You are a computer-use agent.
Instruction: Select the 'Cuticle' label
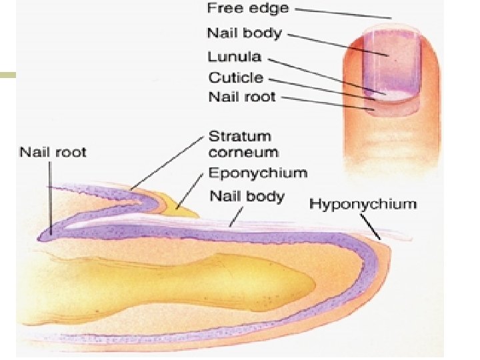pyautogui.click(x=235, y=77)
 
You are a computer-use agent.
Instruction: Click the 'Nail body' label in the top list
pyautogui.click(x=244, y=32)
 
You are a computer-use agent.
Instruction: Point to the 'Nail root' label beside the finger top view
pyautogui.click(x=242, y=97)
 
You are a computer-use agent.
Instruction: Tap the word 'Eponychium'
pyautogui.click(x=258, y=173)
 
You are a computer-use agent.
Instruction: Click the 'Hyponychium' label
pyautogui.click(x=363, y=204)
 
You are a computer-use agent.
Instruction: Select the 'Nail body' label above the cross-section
pyautogui.click(x=247, y=196)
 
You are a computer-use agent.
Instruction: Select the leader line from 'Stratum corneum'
pyautogui.click(x=167, y=163)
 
